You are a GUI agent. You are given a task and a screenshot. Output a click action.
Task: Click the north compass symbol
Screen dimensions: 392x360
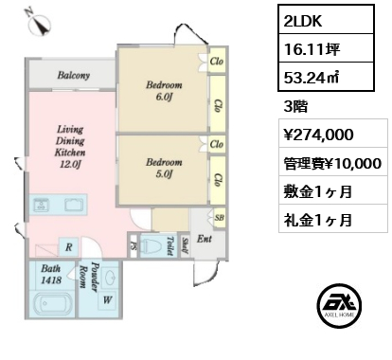pos(40,23)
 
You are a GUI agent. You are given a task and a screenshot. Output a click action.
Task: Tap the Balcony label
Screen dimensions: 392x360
pos(74,75)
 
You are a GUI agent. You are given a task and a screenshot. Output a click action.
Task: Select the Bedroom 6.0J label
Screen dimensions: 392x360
pos(164,91)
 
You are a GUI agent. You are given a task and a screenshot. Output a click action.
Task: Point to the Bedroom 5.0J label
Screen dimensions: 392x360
pos(164,168)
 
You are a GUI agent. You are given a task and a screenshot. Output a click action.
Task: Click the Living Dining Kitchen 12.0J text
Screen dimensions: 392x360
pos(70,147)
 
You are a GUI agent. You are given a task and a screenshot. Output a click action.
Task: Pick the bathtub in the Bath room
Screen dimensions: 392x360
pos(52,304)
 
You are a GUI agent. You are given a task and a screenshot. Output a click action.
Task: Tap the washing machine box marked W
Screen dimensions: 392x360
pos(107,300)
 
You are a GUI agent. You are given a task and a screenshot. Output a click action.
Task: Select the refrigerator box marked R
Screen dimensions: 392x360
pos(69,247)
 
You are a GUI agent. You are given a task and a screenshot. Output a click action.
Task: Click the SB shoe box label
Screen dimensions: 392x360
pos(220,218)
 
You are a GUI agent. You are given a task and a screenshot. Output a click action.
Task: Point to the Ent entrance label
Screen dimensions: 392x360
pos(205,239)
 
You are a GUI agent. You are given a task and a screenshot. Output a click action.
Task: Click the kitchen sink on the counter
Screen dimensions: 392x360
pos(41,205)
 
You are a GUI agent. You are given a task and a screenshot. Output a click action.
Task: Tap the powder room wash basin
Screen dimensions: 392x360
pos(111,277)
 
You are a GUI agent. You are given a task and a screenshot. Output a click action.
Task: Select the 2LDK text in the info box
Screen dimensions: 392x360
pos(303,21)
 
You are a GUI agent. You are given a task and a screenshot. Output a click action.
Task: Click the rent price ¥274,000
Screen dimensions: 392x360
pos(318,135)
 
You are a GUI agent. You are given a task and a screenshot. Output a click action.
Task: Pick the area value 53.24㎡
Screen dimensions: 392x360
pos(312,78)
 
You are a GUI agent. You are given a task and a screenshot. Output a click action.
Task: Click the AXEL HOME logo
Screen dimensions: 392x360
pos(339,306)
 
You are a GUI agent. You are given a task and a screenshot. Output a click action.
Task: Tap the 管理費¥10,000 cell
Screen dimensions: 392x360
pos(332,163)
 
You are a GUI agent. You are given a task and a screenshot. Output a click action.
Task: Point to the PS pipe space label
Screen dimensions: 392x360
pos(134,246)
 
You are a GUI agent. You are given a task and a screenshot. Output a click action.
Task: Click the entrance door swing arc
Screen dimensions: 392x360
pos(211,274)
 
